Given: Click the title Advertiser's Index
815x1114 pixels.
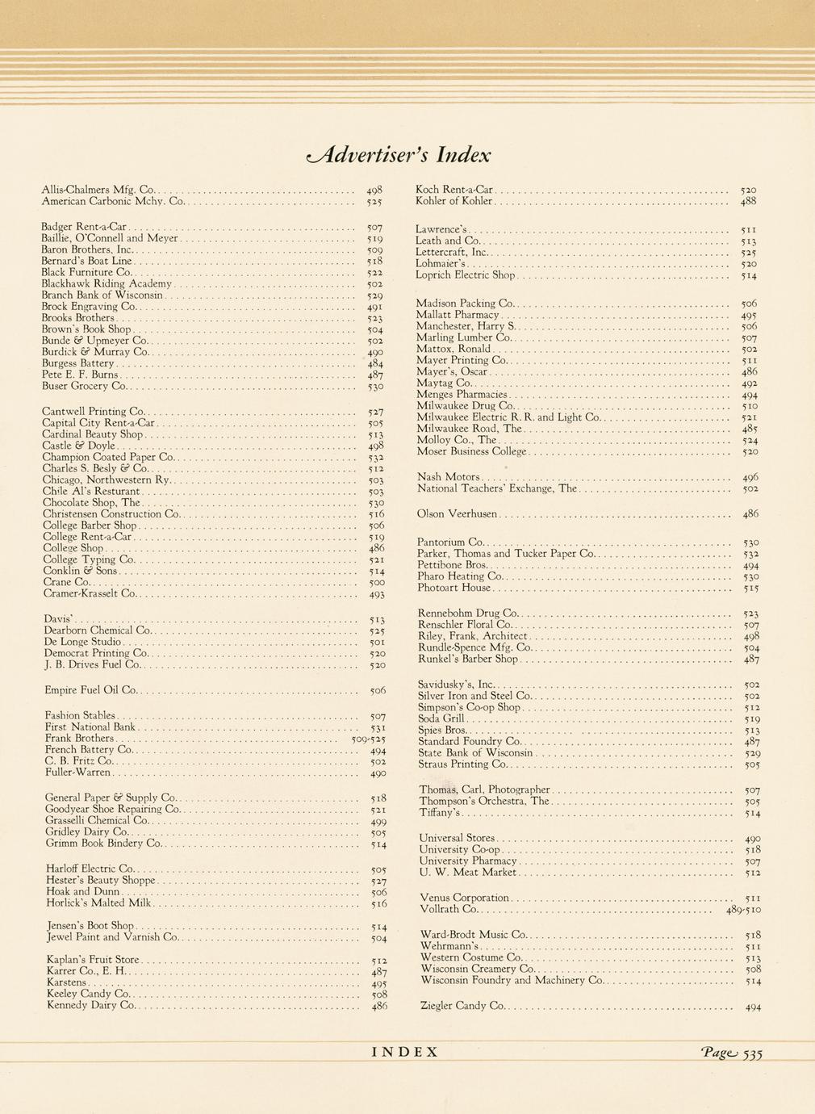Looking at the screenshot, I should (x=399, y=154).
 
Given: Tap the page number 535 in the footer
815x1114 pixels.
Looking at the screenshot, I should (x=752, y=1053).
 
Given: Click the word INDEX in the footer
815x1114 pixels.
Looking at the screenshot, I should (x=405, y=1052).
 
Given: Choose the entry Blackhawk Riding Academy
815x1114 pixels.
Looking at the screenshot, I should (x=107, y=284).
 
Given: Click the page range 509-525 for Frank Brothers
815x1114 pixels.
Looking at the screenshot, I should (x=369, y=739).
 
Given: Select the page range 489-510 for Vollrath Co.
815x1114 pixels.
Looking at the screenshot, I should (x=743, y=910).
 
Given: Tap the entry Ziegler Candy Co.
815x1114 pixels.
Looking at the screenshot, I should (x=462, y=1006).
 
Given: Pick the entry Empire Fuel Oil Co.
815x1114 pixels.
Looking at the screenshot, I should (x=91, y=691).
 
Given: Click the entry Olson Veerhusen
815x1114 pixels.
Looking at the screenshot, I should (x=458, y=513).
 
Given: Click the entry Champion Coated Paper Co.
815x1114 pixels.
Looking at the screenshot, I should (x=109, y=457).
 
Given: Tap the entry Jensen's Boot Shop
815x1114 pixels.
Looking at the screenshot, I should (x=90, y=926).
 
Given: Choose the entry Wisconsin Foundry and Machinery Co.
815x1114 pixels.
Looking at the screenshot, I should (x=512, y=981).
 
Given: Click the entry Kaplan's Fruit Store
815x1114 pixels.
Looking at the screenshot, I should (x=94, y=960).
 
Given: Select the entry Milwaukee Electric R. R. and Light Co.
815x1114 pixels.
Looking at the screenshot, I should (x=509, y=417).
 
